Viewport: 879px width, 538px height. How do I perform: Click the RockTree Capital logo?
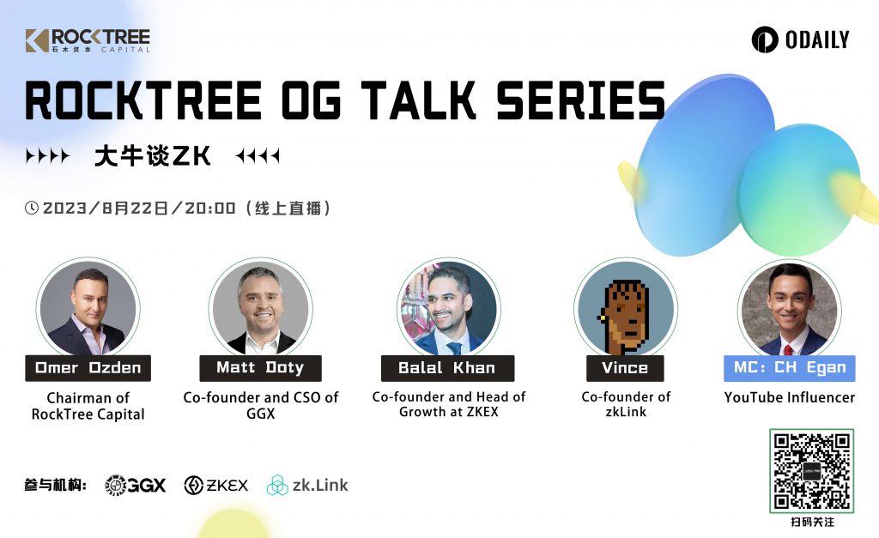[88, 40]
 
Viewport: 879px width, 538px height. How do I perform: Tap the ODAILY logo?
[800, 39]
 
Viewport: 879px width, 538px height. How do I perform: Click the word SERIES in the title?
[581, 100]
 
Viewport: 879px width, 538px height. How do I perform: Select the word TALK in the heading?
[418, 100]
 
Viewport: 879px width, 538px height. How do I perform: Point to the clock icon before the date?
[32, 208]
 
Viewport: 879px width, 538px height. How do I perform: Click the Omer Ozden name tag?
[88, 367]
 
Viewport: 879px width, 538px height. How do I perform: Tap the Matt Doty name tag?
[261, 367]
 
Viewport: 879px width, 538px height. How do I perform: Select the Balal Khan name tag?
[447, 367]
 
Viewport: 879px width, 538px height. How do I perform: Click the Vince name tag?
[625, 367]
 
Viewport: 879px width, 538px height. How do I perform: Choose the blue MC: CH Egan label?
[790, 367]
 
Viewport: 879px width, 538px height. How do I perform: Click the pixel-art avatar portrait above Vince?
[626, 309]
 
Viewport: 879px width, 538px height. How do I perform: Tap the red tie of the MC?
[788, 350]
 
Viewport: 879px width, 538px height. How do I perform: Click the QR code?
[812, 471]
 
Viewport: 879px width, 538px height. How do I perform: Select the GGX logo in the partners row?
[135, 485]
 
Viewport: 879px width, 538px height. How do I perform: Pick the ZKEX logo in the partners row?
[215, 485]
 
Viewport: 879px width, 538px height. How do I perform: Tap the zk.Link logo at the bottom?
[307, 485]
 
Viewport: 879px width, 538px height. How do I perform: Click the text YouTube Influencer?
[790, 397]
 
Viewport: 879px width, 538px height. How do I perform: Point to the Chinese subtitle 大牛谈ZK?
[153, 155]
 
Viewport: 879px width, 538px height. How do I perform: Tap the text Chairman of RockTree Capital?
[88, 406]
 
